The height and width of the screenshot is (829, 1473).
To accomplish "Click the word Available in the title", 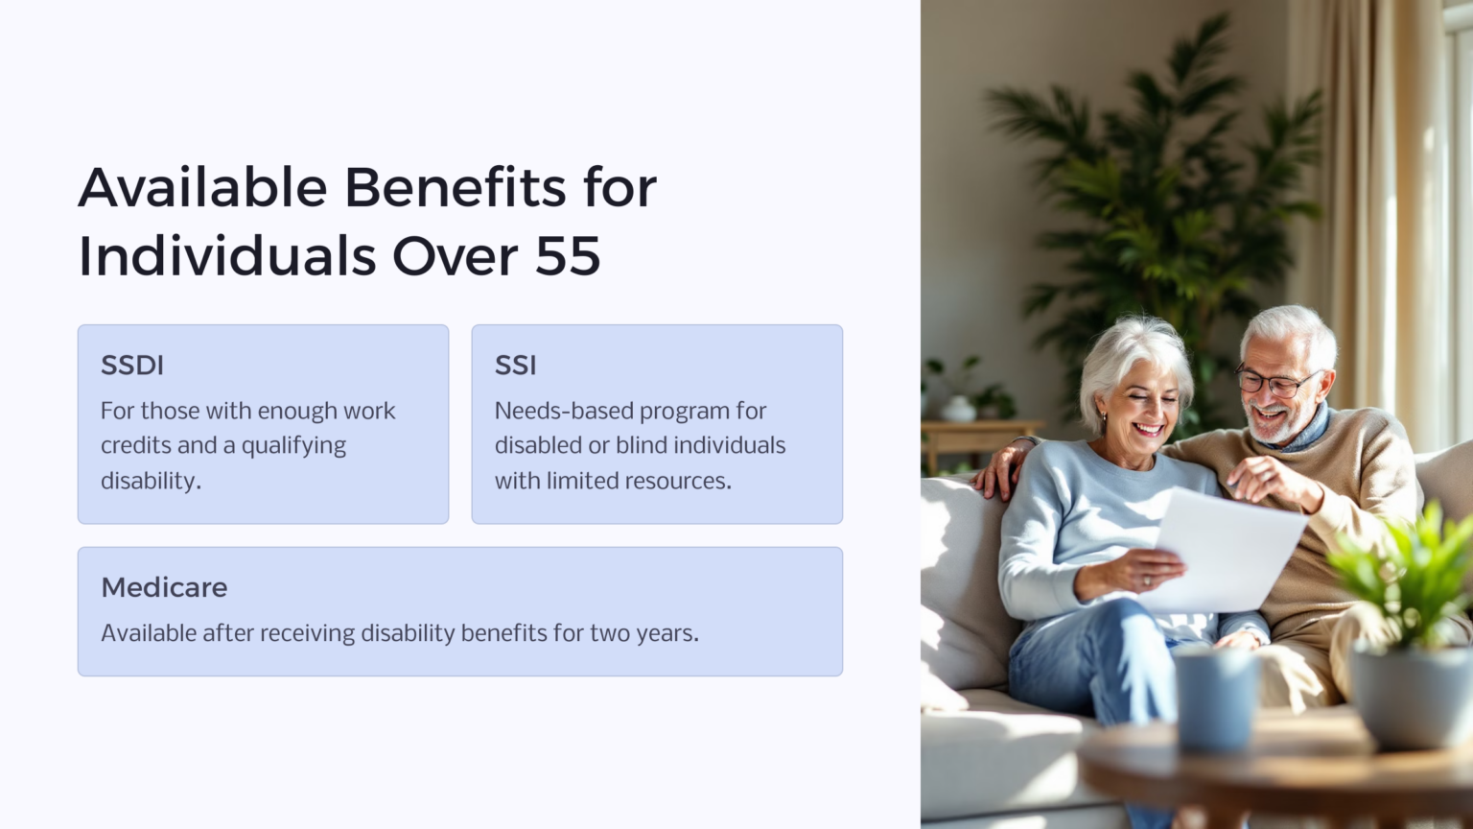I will click(202, 187).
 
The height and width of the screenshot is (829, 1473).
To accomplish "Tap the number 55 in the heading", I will click(568, 256).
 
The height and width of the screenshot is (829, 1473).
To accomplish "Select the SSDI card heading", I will click(132, 366).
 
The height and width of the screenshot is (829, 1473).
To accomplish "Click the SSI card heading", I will click(515, 366).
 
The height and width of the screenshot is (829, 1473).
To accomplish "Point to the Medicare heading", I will click(164, 587).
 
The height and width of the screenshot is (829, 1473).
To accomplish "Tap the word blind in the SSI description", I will click(640, 445).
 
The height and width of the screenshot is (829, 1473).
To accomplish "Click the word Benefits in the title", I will click(455, 187).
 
